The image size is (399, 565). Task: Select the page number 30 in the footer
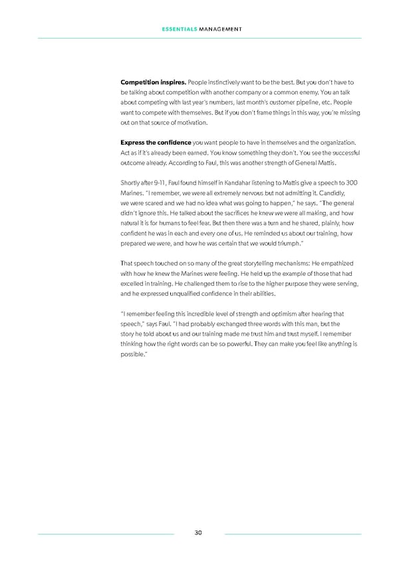(199, 533)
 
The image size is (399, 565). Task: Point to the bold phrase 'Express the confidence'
(155, 143)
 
